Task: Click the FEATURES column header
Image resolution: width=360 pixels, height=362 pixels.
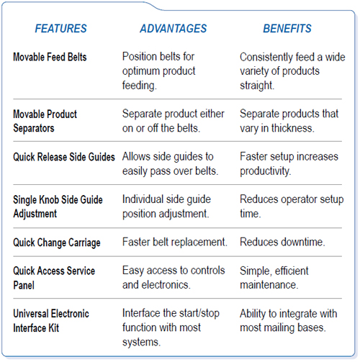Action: (60, 29)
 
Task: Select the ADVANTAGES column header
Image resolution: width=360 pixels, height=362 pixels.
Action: (173, 29)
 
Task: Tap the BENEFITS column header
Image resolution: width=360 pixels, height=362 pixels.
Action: (287, 29)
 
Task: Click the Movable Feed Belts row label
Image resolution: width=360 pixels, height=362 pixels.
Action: (50, 57)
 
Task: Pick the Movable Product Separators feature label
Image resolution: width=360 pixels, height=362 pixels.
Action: (45, 121)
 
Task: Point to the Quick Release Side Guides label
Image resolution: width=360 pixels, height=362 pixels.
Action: (64, 157)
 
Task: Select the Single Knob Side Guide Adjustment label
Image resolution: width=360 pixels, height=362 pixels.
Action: (58, 207)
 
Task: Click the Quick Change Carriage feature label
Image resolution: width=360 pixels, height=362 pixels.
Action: (57, 243)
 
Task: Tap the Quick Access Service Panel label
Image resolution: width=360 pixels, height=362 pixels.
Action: (54, 278)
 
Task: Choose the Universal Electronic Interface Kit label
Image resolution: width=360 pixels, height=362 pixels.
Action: (51, 321)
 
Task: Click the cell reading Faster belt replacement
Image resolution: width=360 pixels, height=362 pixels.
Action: (175, 242)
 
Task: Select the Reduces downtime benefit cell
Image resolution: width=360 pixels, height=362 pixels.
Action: (282, 242)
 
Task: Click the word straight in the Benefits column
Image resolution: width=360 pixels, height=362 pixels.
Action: (257, 86)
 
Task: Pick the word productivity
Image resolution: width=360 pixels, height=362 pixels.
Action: (266, 171)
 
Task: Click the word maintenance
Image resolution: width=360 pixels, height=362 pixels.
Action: (269, 285)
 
